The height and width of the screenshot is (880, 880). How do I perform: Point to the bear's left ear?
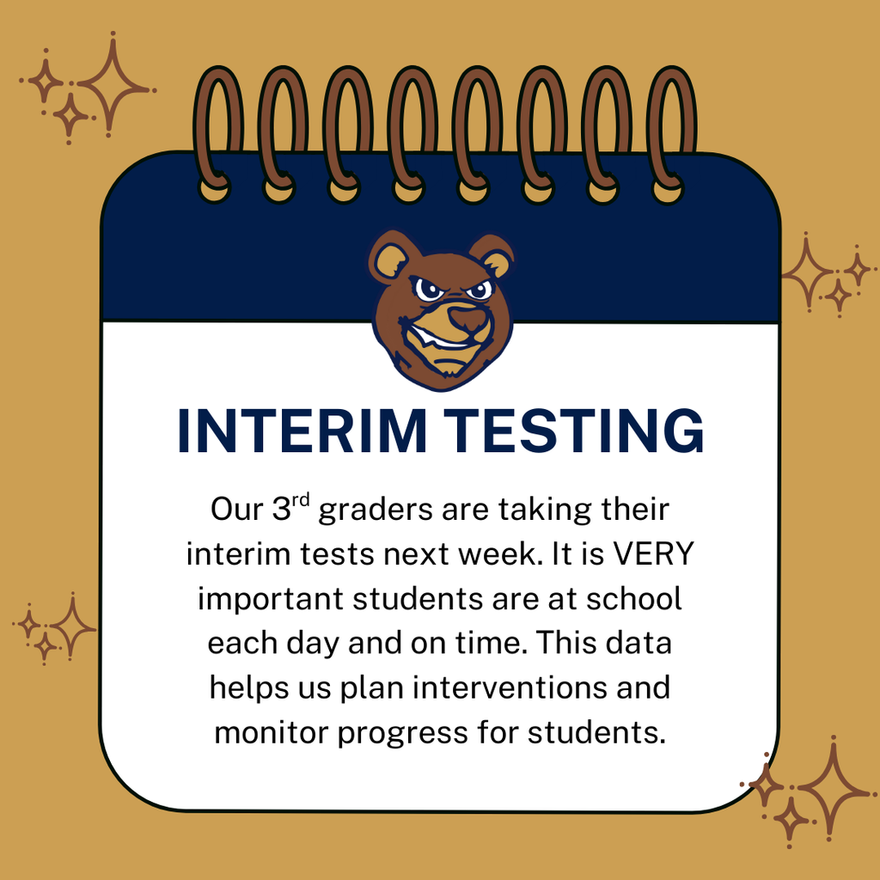pos(392,258)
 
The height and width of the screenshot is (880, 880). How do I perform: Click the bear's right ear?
pos(493,256)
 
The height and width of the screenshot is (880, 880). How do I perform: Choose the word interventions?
pos(568,688)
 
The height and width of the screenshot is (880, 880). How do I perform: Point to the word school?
pos(633,598)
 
